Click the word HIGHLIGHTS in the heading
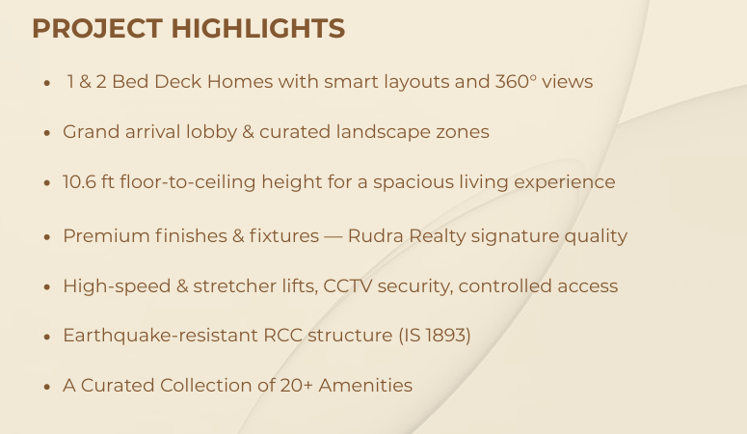[x=257, y=29]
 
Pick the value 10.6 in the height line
[x=80, y=181]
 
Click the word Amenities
[x=370, y=386]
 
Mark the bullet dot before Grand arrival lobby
[x=46, y=133]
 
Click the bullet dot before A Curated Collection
[x=46, y=387]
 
